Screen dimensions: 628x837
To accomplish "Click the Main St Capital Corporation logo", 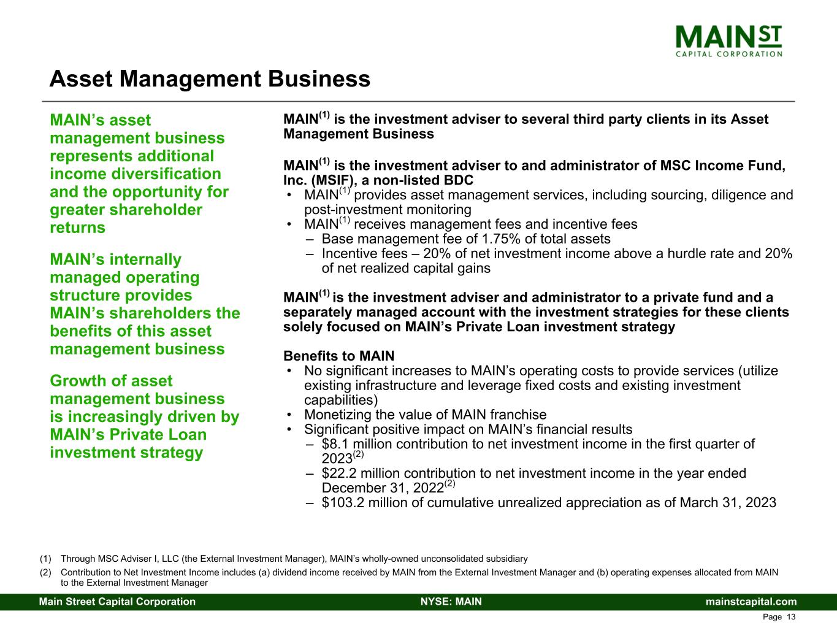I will (x=728, y=40).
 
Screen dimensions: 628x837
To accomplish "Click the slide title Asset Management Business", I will (x=210, y=79).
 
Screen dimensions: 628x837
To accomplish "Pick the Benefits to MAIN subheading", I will (x=338, y=356).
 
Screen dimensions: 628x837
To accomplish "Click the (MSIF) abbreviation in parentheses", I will (x=328, y=180).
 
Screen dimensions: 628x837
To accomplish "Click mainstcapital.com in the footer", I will (x=751, y=602).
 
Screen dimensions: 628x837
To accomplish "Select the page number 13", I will (x=791, y=617).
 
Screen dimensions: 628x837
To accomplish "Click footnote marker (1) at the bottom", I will (x=45, y=559).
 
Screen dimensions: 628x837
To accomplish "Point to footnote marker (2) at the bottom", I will (x=45, y=573).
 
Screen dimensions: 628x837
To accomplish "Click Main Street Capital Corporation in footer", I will (x=117, y=602).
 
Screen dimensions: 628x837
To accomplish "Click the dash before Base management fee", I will (x=310, y=239).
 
